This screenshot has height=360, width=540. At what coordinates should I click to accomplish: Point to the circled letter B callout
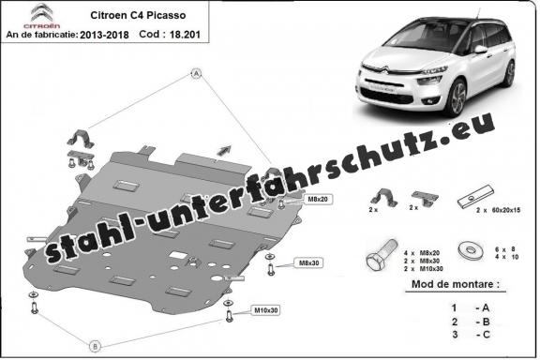[95, 346]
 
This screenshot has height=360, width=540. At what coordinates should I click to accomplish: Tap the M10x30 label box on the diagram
[265, 309]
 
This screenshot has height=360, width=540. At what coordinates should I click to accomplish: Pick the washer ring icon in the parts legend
[468, 251]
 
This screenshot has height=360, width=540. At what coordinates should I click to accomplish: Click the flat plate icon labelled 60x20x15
[468, 198]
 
